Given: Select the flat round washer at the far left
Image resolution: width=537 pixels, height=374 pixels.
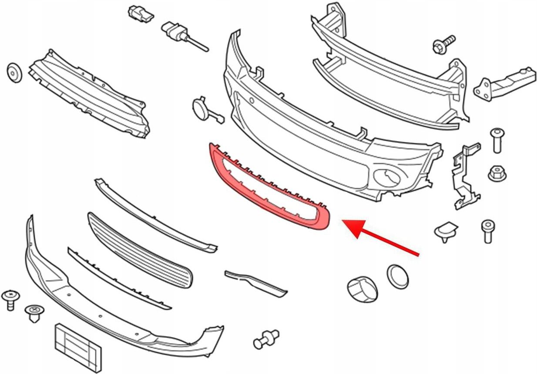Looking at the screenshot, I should click(x=14, y=72).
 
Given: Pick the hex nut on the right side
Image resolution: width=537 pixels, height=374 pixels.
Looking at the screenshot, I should click(x=497, y=173).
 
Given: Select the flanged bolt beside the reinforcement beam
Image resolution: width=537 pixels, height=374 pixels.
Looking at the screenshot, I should click(x=443, y=43).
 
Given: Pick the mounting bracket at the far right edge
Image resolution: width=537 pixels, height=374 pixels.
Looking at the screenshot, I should click(x=506, y=83).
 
